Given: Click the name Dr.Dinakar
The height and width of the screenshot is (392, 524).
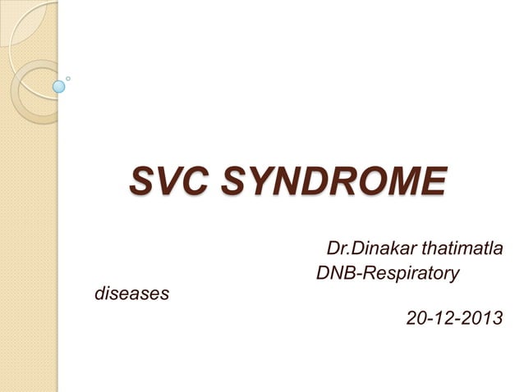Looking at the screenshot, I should [366, 247].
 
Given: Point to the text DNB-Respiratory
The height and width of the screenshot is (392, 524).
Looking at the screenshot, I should [387, 271].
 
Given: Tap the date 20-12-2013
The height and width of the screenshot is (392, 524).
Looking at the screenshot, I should [455, 317].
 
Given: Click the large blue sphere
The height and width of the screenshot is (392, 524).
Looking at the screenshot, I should [58, 85].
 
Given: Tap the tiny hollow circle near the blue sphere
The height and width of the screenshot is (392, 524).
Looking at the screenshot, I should [68, 79].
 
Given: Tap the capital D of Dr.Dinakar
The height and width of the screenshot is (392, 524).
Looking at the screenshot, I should [333, 247].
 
